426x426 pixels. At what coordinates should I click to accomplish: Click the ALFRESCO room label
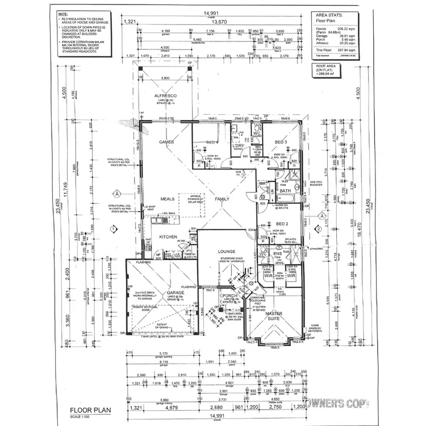point(165,97)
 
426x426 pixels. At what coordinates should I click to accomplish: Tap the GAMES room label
point(166,142)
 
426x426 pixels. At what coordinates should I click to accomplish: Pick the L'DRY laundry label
point(238,145)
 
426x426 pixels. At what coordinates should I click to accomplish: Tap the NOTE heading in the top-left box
point(66,12)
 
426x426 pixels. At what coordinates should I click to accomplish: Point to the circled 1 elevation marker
point(114,229)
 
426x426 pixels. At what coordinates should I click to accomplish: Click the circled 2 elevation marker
point(319,229)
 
